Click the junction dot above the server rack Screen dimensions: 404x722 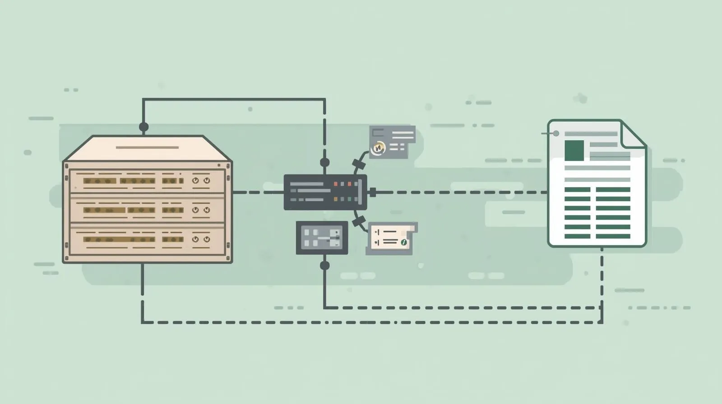click(x=143, y=127)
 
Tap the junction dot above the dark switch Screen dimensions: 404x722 click(x=324, y=162)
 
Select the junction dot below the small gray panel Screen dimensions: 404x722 click(x=324, y=265)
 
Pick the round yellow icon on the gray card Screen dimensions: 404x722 click(x=378, y=147)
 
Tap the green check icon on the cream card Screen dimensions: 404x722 click(x=404, y=243)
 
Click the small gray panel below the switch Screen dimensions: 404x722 click(x=322, y=238)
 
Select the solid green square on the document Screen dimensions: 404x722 click(x=574, y=150)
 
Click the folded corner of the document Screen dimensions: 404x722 click(x=633, y=134)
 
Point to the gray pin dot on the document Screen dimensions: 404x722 click(x=556, y=133)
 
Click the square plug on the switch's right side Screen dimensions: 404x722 click(x=373, y=193)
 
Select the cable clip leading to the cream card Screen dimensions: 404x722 click(x=359, y=221)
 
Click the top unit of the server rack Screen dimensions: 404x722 click(x=147, y=181)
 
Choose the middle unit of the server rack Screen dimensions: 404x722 click(x=147, y=210)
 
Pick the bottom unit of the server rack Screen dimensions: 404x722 click(x=147, y=239)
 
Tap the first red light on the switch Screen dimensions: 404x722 click(x=335, y=184)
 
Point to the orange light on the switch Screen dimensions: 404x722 click(x=335, y=199)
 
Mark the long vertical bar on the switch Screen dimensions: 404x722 click(x=360, y=193)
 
